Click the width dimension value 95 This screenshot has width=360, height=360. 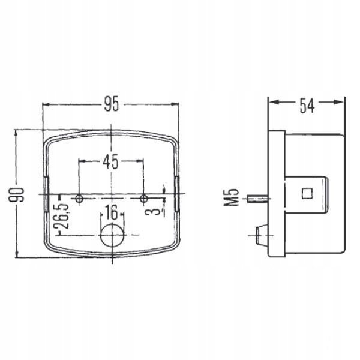[x=110, y=106]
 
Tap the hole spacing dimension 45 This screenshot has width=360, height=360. [x=110, y=161]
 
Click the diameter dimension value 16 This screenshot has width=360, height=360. [x=110, y=212]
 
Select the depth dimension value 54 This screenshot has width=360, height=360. [x=307, y=105]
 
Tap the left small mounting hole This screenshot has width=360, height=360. [x=79, y=198]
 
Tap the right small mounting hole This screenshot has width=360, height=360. [x=143, y=198]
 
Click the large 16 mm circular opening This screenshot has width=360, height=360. [x=110, y=236]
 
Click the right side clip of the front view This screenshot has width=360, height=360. [x=176, y=194]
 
